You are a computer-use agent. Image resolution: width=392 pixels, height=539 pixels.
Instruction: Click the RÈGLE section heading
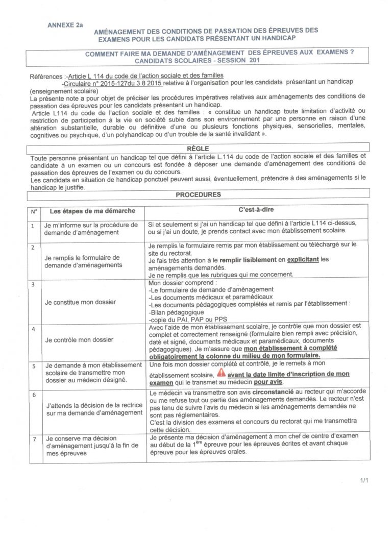198,147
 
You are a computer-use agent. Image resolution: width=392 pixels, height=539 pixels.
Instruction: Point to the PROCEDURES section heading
198,194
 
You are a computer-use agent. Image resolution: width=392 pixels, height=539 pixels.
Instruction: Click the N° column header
34,211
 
